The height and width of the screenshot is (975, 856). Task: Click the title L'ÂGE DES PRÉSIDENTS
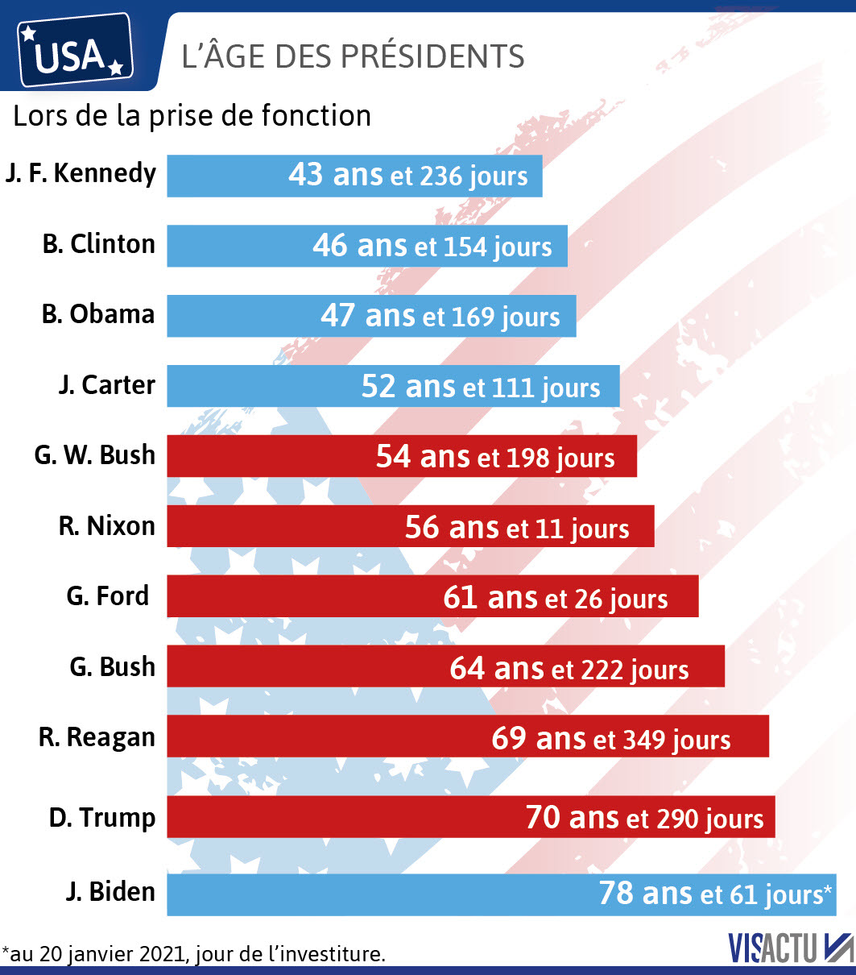[x=353, y=56]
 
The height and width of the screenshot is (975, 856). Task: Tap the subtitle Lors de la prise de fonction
[x=192, y=116]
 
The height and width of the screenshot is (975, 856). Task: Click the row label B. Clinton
[x=98, y=244]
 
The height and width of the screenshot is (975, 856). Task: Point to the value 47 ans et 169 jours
[x=440, y=316]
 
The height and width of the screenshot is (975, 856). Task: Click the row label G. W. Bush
[x=94, y=455]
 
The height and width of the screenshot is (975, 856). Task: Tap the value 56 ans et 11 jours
[x=517, y=528]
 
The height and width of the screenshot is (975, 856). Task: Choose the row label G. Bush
[x=111, y=667]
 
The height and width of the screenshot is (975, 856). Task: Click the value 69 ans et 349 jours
[x=611, y=739]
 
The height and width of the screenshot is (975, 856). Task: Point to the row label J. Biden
[x=110, y=892]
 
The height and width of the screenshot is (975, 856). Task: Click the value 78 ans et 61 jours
[x=715, y=894]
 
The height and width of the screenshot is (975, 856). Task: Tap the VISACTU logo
[x=790, y=948]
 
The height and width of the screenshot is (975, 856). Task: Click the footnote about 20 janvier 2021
[x=193, y=955]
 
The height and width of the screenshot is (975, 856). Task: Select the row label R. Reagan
[x=97, y=737]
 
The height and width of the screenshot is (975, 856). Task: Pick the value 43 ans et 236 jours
[x=408, y=176]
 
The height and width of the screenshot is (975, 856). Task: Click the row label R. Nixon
[x=106, y=526]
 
